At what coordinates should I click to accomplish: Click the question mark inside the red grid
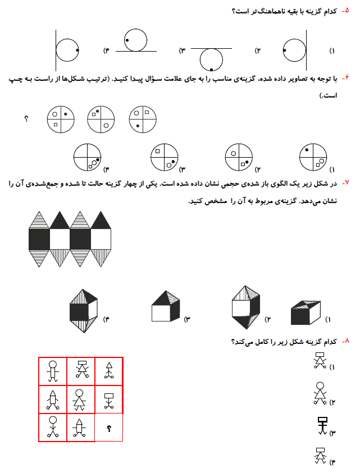click(109, 429)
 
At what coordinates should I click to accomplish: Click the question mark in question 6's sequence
click(26, 119)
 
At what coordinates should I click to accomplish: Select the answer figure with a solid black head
click(322, 425)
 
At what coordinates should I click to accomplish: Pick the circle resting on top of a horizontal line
click(135, 40)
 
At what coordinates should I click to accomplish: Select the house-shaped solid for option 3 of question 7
click(165, 307)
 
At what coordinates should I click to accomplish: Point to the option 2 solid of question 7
click(245, 306)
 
